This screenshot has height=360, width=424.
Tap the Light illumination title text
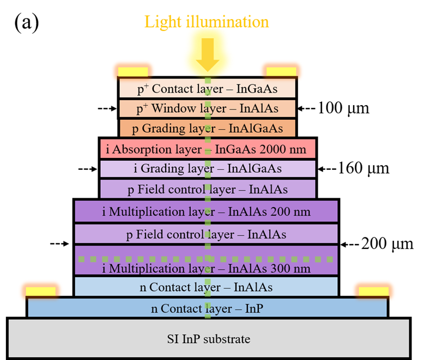point(207,22)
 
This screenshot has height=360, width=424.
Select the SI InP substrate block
point(209,339)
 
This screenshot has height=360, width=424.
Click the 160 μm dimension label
point(364,168)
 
